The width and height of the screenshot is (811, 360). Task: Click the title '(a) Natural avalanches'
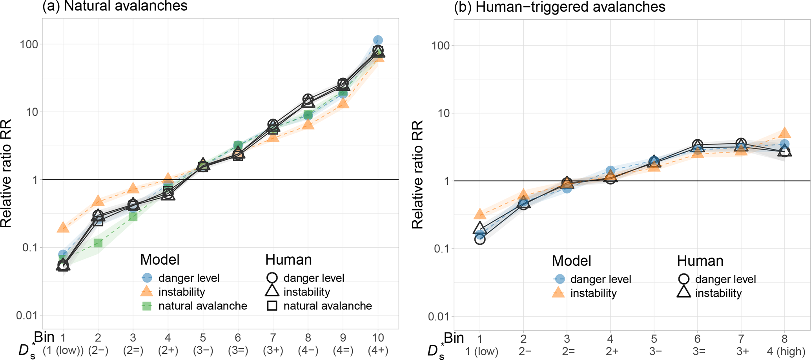point(115,6)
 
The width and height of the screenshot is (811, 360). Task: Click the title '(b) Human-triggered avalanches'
point(559,7)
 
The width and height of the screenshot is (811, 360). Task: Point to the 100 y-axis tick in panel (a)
point(29,44)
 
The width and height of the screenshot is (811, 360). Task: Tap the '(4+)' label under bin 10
point(378,350)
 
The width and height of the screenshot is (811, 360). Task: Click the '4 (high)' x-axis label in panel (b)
point(784,351)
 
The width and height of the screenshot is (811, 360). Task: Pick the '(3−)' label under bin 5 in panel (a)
point(203,350)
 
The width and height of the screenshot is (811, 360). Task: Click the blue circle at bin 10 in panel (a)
point(378,40)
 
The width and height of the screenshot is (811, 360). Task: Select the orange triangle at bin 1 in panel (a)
point(63,227)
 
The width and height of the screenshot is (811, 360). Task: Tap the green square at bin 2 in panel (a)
point(98,243)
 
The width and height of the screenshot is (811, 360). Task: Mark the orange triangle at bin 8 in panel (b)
point(784,133)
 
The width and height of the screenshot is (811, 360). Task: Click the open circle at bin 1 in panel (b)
point(480,239)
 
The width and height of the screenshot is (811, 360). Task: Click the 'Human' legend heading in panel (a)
point(288,260)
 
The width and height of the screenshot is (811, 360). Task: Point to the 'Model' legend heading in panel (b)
point(571,261)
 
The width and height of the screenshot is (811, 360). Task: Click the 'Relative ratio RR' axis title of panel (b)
point(417,175)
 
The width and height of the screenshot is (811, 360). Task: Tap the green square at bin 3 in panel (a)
point(133,216)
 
